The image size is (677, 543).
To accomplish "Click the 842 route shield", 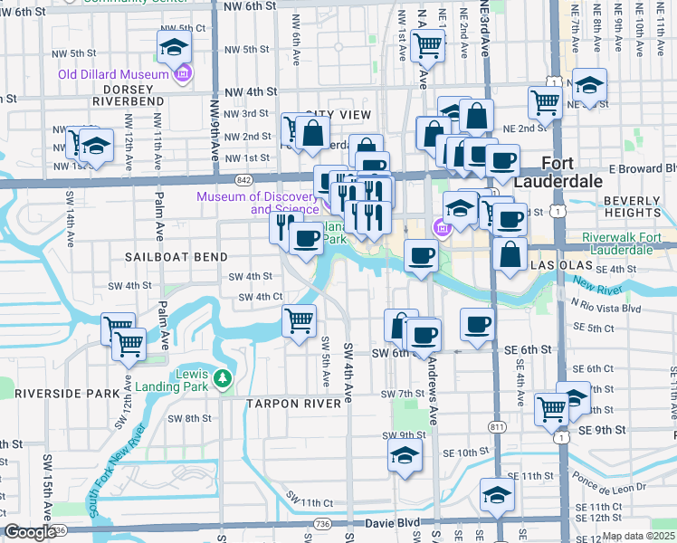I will coord(245,181).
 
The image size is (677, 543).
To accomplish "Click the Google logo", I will coord(31,532).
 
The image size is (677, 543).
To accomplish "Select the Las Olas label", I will coord(559,268).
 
